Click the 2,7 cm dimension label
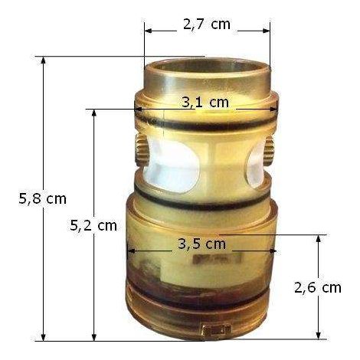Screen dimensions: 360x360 tap(207, 25)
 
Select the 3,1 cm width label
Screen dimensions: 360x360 tap(205, 103)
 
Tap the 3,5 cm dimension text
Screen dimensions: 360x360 tap(201, 244)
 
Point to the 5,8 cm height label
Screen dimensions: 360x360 tap(42, 198)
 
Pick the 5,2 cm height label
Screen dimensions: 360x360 tap(93, 226)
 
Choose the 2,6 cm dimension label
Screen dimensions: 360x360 tap(318, 288)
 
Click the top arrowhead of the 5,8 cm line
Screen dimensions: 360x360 tap(43, 61)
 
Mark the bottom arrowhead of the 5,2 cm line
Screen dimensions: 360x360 tap(94, 336)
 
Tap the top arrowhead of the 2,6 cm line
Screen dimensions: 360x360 tap(318, 239)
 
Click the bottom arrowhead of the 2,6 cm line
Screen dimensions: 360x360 tap(318, 335)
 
